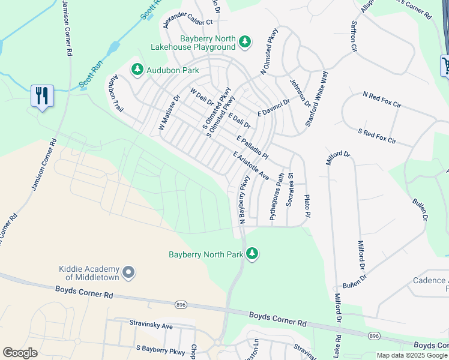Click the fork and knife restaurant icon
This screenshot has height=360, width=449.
coord(41,96)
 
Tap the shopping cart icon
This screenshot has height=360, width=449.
coord(445,65)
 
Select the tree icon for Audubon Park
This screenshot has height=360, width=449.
coord(137,70)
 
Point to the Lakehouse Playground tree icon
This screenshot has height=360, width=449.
coord(244,41)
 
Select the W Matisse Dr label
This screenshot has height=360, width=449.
coord(169,112)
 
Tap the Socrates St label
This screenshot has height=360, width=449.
coord(290,190)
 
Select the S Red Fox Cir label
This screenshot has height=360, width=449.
coord(377,136)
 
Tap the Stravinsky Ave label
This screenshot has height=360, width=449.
coord(151,325)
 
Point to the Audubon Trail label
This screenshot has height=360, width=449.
coord(115,94)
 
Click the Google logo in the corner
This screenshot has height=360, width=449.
coord(20,353)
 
